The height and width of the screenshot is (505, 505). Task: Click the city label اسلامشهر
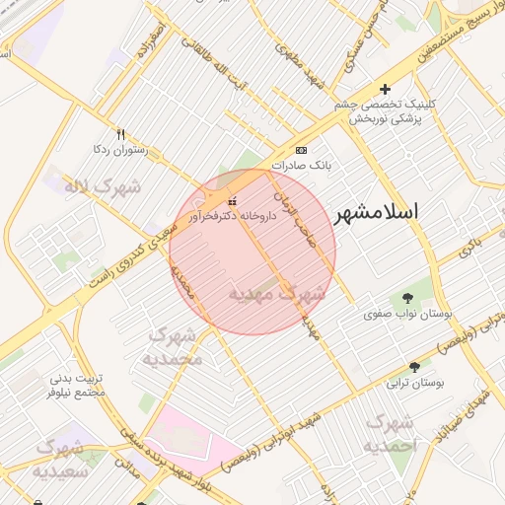pyautogui.click(x=377, y=213)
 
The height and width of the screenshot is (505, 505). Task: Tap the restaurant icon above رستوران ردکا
pyautogui.click(x=120, y=134)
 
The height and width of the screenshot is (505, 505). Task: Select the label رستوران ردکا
pyautogui.click(x=119, y=150)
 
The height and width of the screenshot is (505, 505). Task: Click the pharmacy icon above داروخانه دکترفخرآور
pyautogui.click(x=232, y=201)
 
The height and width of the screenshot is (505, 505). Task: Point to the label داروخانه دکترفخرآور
pyautogui.click(x=227, y=215)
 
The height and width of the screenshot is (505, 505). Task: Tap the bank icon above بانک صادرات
pyautogui.click(x=300, y=150)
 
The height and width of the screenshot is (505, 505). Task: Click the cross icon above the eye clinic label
pyautogui.click(x=386, y=91)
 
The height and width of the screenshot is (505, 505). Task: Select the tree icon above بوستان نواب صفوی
pyautogui.click(x=407, y=298)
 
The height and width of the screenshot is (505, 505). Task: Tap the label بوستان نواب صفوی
pyautogui.click(x=407, y=314)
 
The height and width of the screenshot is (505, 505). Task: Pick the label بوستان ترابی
pyautogui.click(x=414, y=381)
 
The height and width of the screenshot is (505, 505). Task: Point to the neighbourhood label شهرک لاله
pyautogui.click(x=103, y=185)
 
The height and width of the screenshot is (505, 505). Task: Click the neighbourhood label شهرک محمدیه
pyautogui.click(x=173, y=346)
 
